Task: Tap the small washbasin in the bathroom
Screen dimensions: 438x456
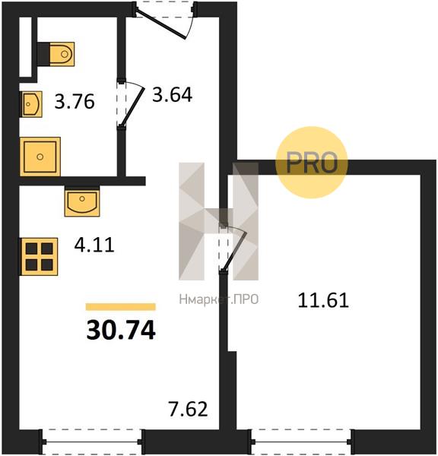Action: point(31,104)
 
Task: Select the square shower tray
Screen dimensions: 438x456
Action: point(40,157)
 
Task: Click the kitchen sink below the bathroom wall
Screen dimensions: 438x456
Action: point(82,201)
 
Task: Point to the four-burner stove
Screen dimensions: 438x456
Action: point(39,257)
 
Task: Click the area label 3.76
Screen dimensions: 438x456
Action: point(75,102)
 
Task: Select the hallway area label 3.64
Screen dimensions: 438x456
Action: point(172,94)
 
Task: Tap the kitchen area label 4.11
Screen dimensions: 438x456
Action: point(94,245)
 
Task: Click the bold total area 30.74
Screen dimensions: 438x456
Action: point(121,330)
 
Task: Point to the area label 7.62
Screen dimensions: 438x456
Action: point(188,409)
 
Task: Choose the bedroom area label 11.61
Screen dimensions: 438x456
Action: point(323,300)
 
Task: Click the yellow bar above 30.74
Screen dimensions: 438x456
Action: point(120,307)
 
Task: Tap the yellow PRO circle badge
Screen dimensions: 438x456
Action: point(312,163)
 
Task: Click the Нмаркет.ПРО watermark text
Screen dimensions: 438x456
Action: point(218,299)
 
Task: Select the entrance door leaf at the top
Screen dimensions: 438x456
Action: point(160,24)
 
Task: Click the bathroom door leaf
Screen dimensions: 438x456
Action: point(133,107)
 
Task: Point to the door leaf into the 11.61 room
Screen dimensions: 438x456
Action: point(234,252)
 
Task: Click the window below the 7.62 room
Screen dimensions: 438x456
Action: point(93,442)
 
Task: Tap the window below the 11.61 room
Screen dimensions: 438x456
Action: point(301,442)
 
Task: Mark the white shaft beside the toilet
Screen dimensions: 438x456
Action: point(25,47)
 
